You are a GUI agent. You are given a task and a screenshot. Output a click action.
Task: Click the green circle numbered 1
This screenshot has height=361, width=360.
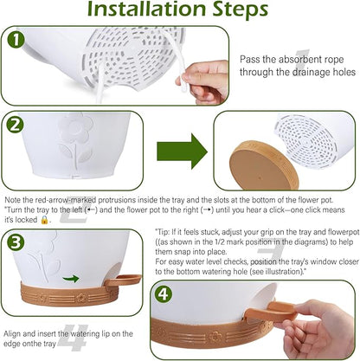16,40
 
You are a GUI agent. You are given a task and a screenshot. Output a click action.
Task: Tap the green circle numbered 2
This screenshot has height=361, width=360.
16,126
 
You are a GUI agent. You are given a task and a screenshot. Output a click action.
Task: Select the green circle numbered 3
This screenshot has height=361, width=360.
16,242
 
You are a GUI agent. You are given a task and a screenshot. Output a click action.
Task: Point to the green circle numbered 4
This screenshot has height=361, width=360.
164,294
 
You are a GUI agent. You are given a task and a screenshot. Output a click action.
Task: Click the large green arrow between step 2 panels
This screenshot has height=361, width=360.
182,151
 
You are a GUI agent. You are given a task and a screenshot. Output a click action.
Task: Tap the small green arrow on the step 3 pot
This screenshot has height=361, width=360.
71,279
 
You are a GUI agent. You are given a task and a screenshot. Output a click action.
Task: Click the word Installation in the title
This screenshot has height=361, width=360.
147,10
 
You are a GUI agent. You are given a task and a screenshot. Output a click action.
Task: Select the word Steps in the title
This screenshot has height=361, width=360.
241,10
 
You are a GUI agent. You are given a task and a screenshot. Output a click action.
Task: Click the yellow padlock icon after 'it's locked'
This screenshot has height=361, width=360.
44,220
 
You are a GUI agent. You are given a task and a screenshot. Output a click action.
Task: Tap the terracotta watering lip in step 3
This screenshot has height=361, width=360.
123,280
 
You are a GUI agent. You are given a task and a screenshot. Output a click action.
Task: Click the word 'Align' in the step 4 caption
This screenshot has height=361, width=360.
12,334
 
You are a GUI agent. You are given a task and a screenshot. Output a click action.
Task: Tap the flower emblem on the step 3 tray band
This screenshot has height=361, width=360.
81,297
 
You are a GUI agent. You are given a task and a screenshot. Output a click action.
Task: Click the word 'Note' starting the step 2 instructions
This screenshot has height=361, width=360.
13,200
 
